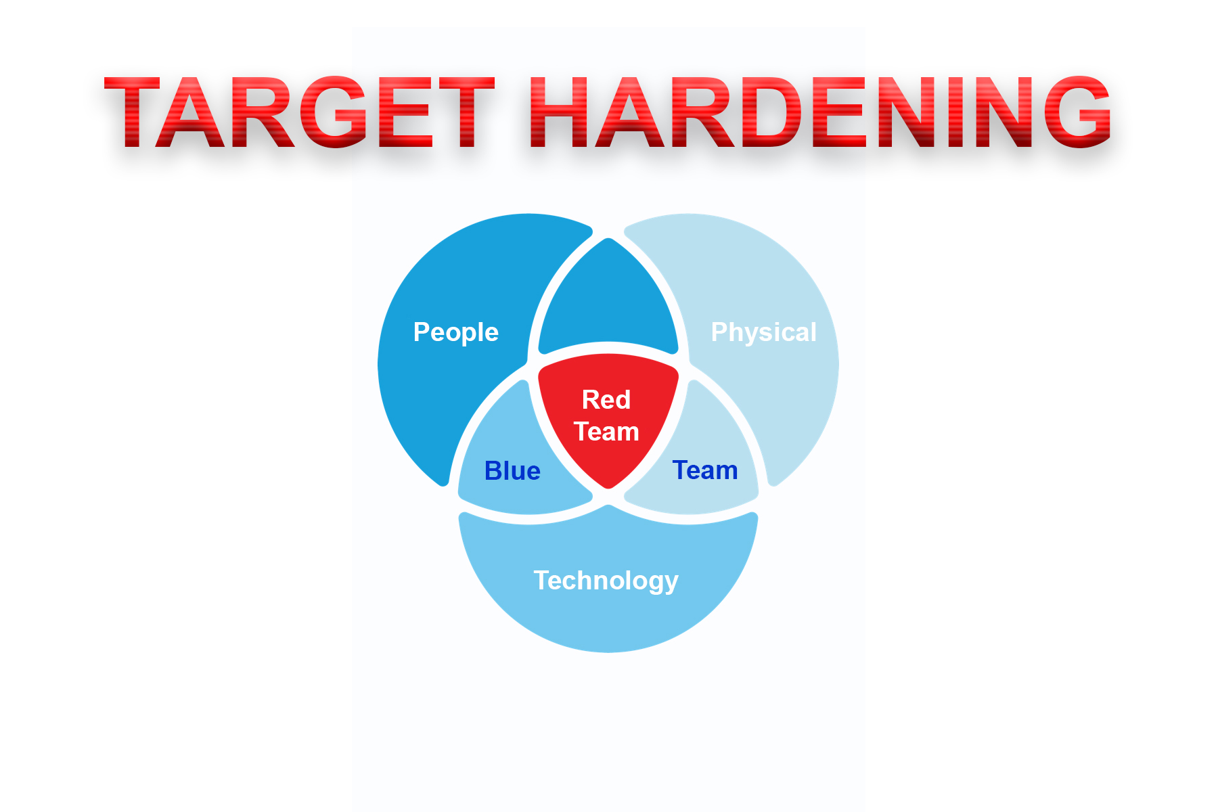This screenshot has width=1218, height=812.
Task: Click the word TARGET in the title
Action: click(299, 112)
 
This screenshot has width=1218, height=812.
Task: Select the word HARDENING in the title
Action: click(819, 112)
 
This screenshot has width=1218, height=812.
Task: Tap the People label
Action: click(456, 333)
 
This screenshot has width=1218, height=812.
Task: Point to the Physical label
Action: click(764, 333)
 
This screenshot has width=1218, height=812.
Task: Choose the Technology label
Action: click(606, 581)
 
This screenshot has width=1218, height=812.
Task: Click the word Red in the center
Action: click(606, 400)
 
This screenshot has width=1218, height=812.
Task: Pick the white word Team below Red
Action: click(607, 432)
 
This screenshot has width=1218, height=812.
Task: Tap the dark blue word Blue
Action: click(512, 471)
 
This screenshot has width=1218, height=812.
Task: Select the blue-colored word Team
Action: click(705, 470)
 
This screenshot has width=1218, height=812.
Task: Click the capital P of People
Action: click(422, 332)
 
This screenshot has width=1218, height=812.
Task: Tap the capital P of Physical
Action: click(721, 332)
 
